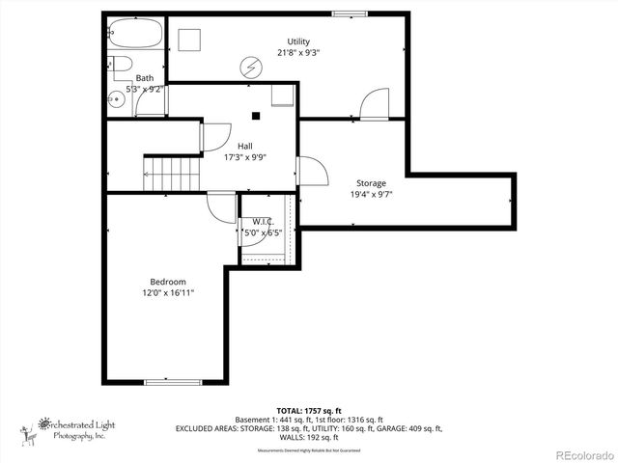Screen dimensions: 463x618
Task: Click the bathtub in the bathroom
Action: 134,35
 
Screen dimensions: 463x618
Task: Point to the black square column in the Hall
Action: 256,116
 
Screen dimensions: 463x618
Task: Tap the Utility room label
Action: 298,41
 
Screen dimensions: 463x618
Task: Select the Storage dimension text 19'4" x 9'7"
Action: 372,194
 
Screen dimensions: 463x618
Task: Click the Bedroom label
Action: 168,281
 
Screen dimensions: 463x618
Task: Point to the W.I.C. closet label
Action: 263,221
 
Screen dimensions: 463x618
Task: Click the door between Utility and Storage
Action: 375,104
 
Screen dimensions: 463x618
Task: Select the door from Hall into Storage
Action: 311,172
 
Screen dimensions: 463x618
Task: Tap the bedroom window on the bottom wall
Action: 174,383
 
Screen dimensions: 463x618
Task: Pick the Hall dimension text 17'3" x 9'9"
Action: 245,157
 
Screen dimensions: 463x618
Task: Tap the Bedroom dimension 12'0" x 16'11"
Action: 168,292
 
